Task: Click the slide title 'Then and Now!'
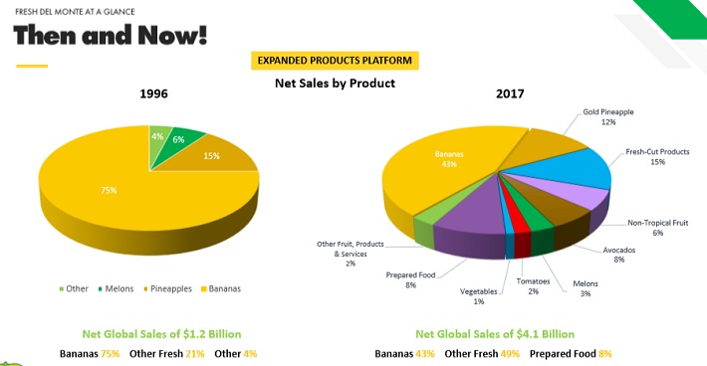[x=111, y=36]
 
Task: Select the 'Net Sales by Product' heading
[x=335, y=84]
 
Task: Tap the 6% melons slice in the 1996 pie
[x=179, y=138]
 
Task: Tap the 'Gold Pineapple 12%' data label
[x=607, y=116]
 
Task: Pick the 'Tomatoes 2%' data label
[x=533, y=286]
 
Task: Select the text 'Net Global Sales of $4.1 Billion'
[x=494, y=334]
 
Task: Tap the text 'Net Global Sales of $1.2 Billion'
[x=160, y=334]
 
